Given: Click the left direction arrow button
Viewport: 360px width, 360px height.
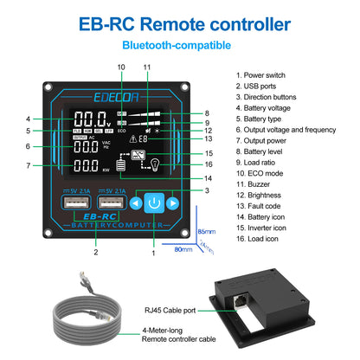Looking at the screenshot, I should (x=135, y=203).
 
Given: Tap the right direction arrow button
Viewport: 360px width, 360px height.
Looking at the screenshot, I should (x=173, y=203).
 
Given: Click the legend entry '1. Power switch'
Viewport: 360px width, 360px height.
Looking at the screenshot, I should (x=267, y=74).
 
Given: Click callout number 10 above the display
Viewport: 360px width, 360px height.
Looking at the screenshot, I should (x=120, y=67).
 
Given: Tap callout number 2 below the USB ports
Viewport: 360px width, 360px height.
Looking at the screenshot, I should (x=95, y=252).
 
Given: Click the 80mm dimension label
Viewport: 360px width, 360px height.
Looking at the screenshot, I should (x=183, y=250).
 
